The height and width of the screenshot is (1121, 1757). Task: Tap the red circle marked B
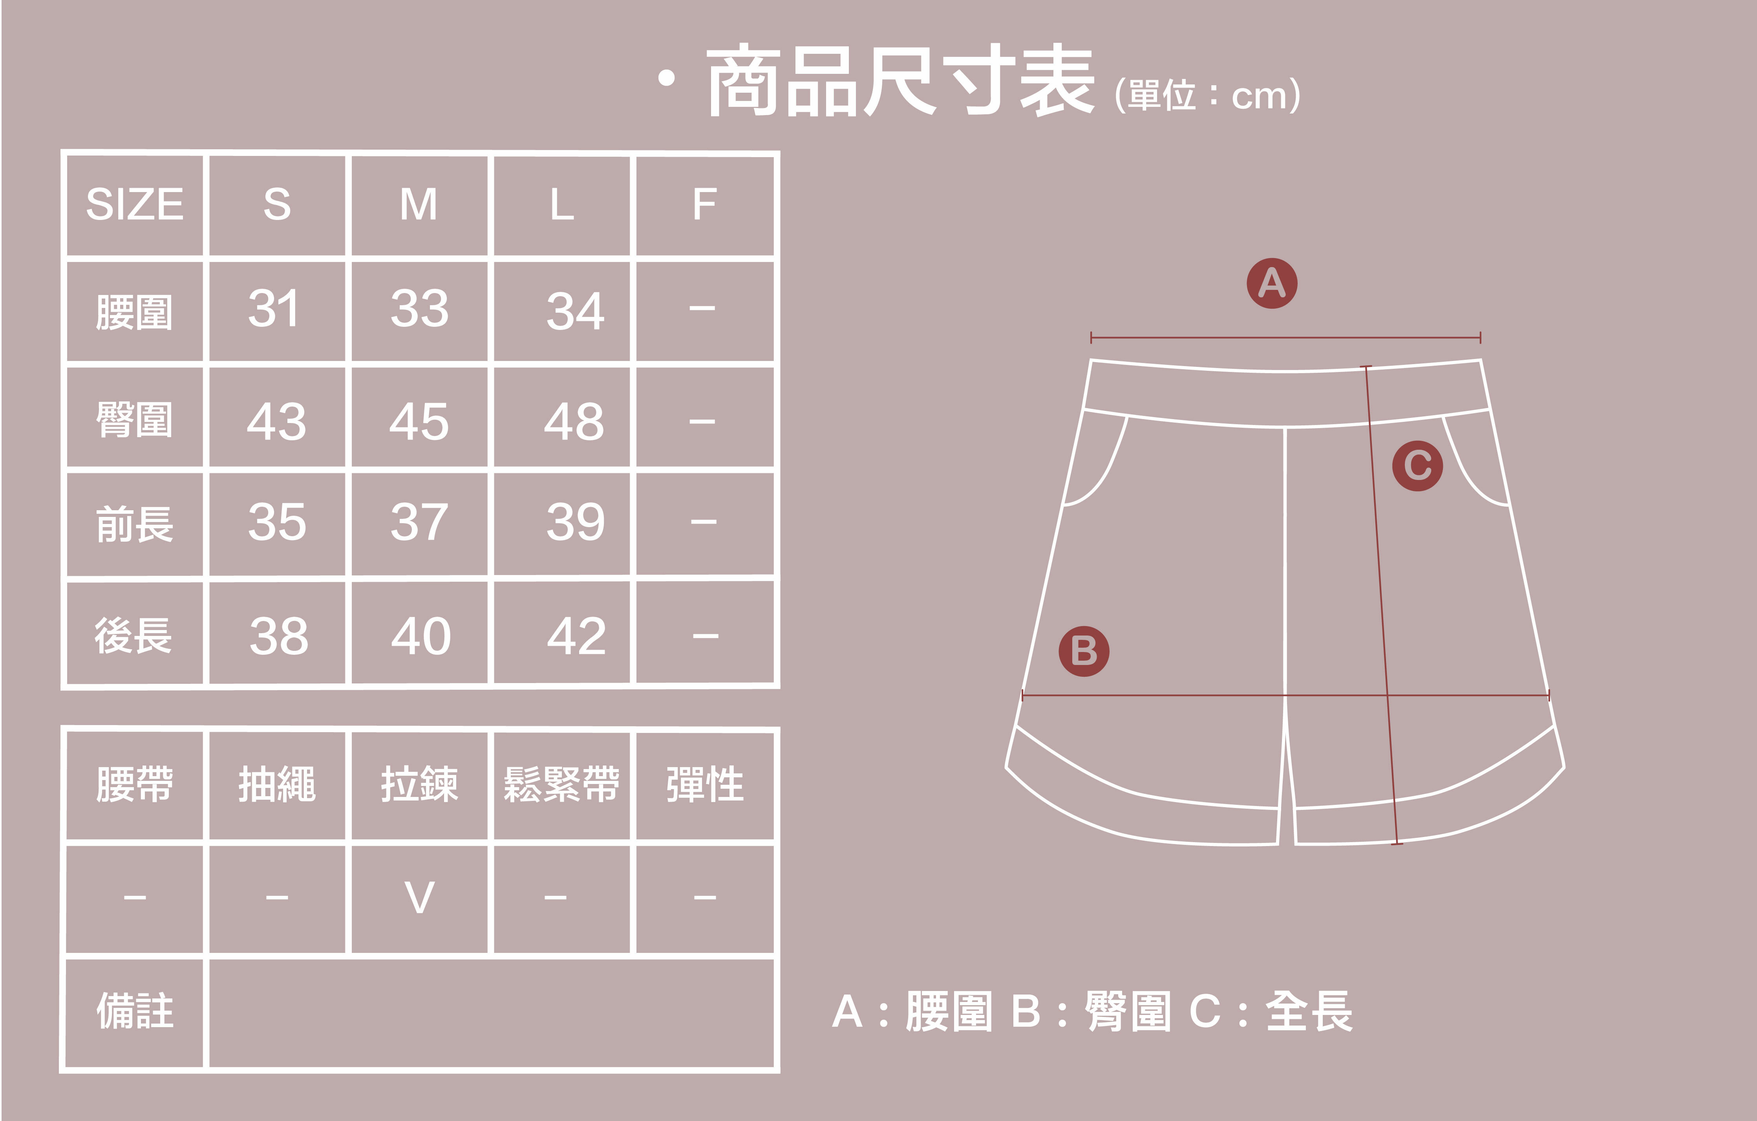1084,651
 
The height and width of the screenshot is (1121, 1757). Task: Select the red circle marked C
1417,465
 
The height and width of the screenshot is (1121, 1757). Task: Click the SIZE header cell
135,204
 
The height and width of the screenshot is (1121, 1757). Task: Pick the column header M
419,204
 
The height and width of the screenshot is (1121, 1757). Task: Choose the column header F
704,204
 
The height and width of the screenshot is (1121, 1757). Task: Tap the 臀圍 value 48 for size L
574,422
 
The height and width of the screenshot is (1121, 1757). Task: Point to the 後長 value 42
576,636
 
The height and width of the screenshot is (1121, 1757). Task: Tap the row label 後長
134,635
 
